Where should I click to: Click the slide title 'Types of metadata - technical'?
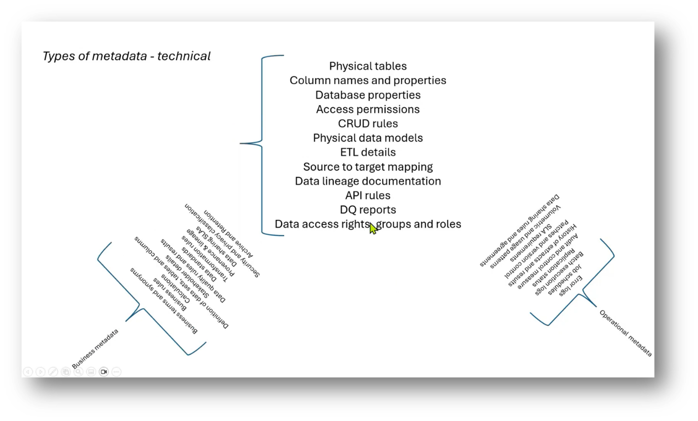coord(126,56)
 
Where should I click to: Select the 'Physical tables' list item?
coord(368,66)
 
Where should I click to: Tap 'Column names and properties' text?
coord(368,80)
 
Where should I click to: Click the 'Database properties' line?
coord(368,95)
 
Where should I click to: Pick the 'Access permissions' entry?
coord(368,109)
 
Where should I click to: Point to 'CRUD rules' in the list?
coord(368,123)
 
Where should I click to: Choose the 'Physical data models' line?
coord(368,138)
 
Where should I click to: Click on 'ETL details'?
coord(368,152)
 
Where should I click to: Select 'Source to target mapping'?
coord(368,166)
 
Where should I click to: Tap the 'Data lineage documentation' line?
coord(368,181)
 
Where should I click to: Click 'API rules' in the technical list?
coord(368,195)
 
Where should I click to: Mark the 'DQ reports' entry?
coord(368,210)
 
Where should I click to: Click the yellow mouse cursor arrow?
coord(373,228)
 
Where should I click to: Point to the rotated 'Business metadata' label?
coord(95,349)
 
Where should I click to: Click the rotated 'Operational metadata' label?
coord(625,333)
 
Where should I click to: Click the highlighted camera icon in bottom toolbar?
coord(104,371)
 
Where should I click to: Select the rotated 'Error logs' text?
coord(570,286)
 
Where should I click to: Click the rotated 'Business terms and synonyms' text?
coord(164,301)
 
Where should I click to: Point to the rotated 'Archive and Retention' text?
coord(229,234)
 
